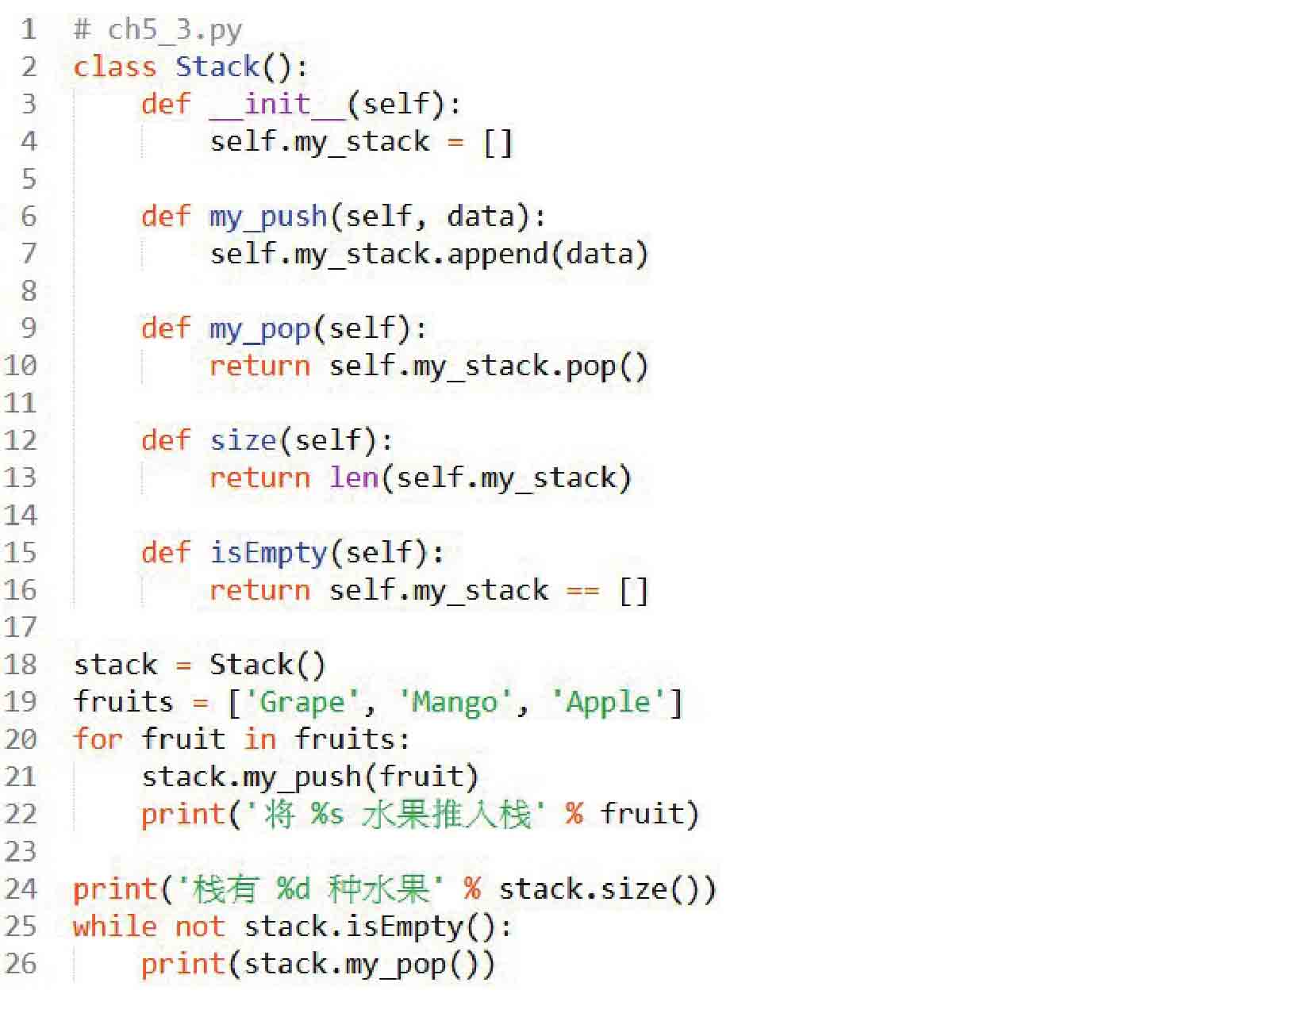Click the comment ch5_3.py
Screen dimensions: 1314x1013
point(157,30)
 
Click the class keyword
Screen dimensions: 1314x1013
point(114,67)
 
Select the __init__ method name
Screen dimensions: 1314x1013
point(278,104)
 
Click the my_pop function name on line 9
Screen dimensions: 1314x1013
point(260,329)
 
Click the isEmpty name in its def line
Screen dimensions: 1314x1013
point(268,553)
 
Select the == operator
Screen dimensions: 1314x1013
point(583,590)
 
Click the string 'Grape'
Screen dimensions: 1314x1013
point(302,702)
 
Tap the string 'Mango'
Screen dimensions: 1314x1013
point(455,702)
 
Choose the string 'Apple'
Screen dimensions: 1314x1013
point(608,702)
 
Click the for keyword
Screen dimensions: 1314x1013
point(98,739)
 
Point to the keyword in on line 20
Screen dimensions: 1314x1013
point(260,739)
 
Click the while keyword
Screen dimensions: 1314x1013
point(114,927)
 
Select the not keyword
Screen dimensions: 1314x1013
point(199,927)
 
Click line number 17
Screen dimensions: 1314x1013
point(20,627)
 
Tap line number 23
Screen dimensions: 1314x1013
point(20,852)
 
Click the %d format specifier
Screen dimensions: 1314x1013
point(294,889)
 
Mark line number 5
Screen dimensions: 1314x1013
point(29,179)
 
